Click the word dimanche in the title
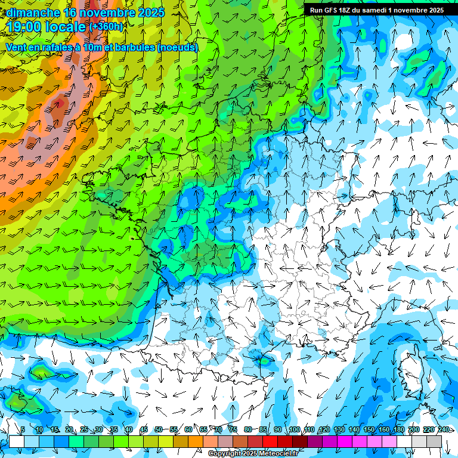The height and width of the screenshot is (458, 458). pyautogui.click(x=33, y=13)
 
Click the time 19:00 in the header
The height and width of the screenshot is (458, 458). pyautogui.click(x=27, y=27)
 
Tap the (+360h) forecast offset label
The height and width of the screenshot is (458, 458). pyautogui.click(x=106, y=27)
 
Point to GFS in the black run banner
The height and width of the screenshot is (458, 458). pyautogui.click(x=332, y=10)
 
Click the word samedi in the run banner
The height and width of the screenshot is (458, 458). pyautogui.click(x=372, y=10)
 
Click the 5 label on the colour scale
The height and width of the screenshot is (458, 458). pyautogui.click(x=23, y=430)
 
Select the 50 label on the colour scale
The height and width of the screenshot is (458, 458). pyautogui.click(x=159, y=430)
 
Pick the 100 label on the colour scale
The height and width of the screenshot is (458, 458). pyautogui.click(x=294, y=430)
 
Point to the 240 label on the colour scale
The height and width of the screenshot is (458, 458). pyautogui.click(x=444, y=430)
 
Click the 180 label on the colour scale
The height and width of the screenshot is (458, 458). pyautogui.click(x=399, y=430)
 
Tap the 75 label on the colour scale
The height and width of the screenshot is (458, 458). pyautogui.click(x=233, y=430)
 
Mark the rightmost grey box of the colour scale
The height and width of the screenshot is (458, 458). pyautogui.click(x=434, y=441)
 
